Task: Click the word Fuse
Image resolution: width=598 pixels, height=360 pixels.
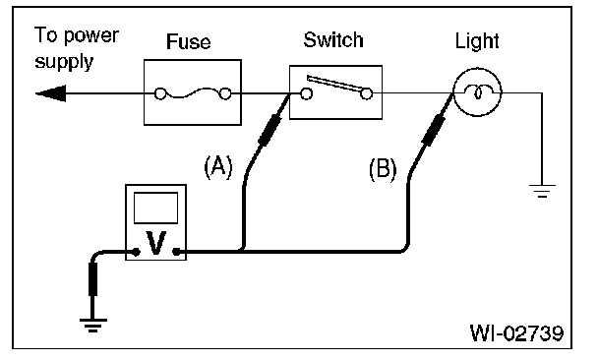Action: click(189, 41)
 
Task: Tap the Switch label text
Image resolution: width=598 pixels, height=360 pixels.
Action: click(333, 40)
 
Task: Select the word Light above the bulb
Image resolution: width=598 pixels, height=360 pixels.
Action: click(477, 41)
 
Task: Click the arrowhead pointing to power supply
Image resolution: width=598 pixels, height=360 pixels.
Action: click(51, 93)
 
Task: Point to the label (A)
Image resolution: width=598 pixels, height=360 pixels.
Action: click(218, 166)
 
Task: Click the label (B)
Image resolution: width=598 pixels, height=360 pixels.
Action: click(383, 169)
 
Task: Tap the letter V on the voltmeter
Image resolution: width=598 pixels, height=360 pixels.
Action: click(156, 243)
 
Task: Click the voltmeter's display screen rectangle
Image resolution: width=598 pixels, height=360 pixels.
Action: click(155, 208)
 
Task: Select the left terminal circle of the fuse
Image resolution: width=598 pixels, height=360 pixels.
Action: click(160, 93)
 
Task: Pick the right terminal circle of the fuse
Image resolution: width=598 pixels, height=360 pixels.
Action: click(225, 93)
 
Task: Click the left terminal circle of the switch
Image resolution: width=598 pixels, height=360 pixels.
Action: click(306, 93)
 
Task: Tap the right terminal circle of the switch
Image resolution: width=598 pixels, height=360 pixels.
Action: click(367, 93)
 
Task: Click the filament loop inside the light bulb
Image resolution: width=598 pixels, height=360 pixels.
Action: click(477, 91)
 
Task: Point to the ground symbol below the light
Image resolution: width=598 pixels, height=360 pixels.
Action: click(542, 191)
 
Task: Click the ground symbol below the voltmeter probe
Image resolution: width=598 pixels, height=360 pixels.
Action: click(93, 326)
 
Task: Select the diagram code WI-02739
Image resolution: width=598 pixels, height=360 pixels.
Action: click(516, 332)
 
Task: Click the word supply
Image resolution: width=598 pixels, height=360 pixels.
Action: click(64, 62)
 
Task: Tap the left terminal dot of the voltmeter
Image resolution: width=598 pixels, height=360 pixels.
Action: click(136, 252)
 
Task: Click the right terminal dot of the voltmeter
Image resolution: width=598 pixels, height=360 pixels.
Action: click(176, 252)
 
